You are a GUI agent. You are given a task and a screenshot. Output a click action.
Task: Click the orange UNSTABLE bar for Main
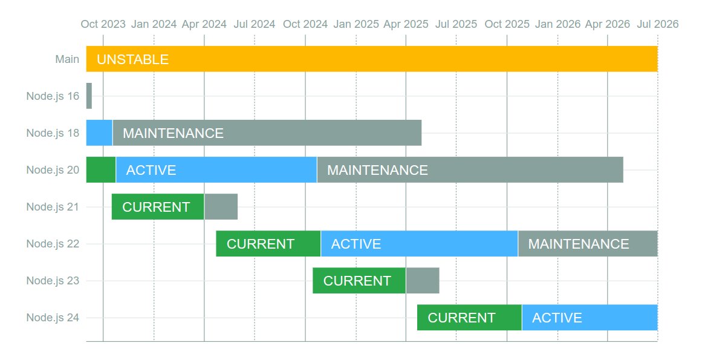[x=372, y=59]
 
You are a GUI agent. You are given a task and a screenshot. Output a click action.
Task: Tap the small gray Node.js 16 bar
[x=89, y=96]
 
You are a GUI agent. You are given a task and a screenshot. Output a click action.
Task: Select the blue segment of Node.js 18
[x=99, y=133]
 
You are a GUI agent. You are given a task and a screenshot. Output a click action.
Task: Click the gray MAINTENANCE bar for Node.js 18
[x=267, y=133]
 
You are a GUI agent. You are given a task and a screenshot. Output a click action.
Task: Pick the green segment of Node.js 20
[x=101, y=169]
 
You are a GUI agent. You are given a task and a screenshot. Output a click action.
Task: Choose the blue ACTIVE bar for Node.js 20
[x=216, y=169]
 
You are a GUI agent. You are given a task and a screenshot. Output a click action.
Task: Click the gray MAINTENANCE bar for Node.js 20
[x=470, y=169]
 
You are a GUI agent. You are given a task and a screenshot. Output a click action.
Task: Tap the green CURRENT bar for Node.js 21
[x=158, y=206]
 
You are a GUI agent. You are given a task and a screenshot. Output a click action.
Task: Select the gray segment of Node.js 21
[x=221, y=206]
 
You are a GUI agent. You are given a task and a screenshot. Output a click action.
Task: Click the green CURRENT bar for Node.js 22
[x=268, y=244]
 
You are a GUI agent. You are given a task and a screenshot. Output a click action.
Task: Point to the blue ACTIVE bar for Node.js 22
[x=420, y=244]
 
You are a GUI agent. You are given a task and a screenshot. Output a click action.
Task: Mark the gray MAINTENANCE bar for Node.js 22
[x=588, y=244]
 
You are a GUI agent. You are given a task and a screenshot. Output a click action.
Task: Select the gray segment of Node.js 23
[x=423, y=280]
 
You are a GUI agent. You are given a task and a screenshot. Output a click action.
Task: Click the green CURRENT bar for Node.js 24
[x=469, y=318]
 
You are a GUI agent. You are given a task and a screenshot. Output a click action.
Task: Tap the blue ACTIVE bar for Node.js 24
[x=590, y=318]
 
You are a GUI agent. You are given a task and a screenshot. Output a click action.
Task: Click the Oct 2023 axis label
[x=103, y=24]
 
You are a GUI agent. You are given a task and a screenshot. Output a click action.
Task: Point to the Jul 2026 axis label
[x=658, y=24]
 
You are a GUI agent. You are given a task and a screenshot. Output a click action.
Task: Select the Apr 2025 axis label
[x=406, y=24]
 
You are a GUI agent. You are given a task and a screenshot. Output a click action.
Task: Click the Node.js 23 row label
[x=53, y=281]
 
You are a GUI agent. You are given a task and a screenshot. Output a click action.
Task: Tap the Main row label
[x=67, y=59]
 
